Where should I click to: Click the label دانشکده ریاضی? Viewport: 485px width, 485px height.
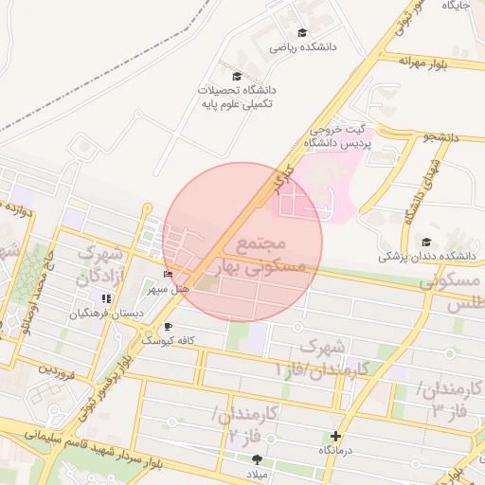pyautogui.click(x=303, y=45)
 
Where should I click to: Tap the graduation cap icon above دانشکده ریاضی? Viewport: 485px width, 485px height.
pyautogui.click(x=302, y=32)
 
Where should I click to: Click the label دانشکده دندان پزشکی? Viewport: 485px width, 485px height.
pyautogui.click(x=426, y=256)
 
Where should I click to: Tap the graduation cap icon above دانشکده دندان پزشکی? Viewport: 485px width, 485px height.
pyautogui.click(x=426, y=242)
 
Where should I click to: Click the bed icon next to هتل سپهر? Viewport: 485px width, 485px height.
pyautogui.click(x=169, y=275)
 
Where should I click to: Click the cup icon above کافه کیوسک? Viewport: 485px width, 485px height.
pyautogui.click(x=169, y=326)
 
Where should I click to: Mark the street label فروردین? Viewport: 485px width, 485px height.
pyautogui.click(x=56, y=369)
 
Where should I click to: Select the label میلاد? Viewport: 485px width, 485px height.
pyautogui.click(x=258, y=472)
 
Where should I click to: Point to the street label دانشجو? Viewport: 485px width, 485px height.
pyautogui.click(x=440, y=137)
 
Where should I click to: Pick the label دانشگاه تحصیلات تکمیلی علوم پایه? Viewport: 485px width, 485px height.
pyautogui.click(x=236, y=97)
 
